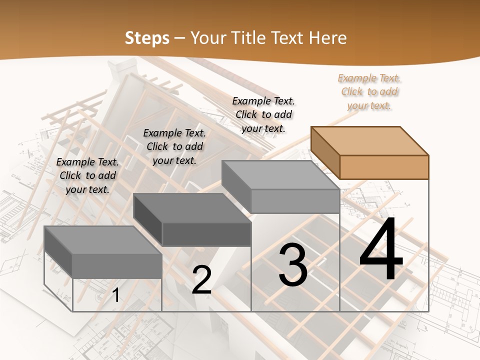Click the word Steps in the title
(x=147, y=38)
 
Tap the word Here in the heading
(x=328, y=38)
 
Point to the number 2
(x=202, y=280)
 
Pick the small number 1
(x=115, y=295)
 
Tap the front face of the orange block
(x=384, y=167)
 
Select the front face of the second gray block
(x=206, y=234)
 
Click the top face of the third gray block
(x=280, y=174)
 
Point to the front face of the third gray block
(x=295, y=201)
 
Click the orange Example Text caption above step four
(x=369, y=91)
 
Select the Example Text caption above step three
(x=263, y=114)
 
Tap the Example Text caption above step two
(x=174, y=146)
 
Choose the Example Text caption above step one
(x=87, y=175)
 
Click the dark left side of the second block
(x=148, y=219)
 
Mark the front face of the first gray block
(x=117, y=265)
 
